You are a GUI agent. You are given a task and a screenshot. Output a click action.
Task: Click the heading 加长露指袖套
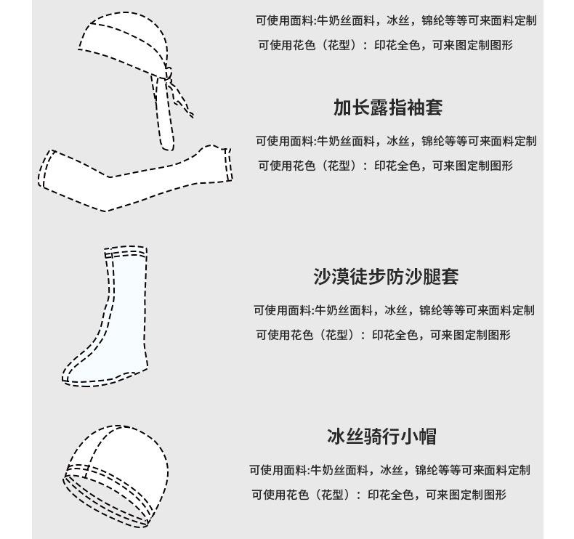387,108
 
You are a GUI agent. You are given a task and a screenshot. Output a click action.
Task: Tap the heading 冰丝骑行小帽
381,437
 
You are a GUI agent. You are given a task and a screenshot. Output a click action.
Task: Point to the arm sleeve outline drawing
134,178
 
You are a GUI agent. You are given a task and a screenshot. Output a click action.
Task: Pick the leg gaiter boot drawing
116,320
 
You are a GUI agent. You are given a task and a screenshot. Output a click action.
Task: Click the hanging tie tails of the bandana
169,116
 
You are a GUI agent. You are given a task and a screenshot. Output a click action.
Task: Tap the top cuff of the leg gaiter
125,253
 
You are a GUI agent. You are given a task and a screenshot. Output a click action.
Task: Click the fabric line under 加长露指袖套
396,141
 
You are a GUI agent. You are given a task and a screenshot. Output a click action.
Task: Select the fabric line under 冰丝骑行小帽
389,470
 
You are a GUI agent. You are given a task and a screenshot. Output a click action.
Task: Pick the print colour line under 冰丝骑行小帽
379,495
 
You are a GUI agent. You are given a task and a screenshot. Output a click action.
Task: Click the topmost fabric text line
396,20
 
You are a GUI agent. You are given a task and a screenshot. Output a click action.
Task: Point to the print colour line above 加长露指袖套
385,45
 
